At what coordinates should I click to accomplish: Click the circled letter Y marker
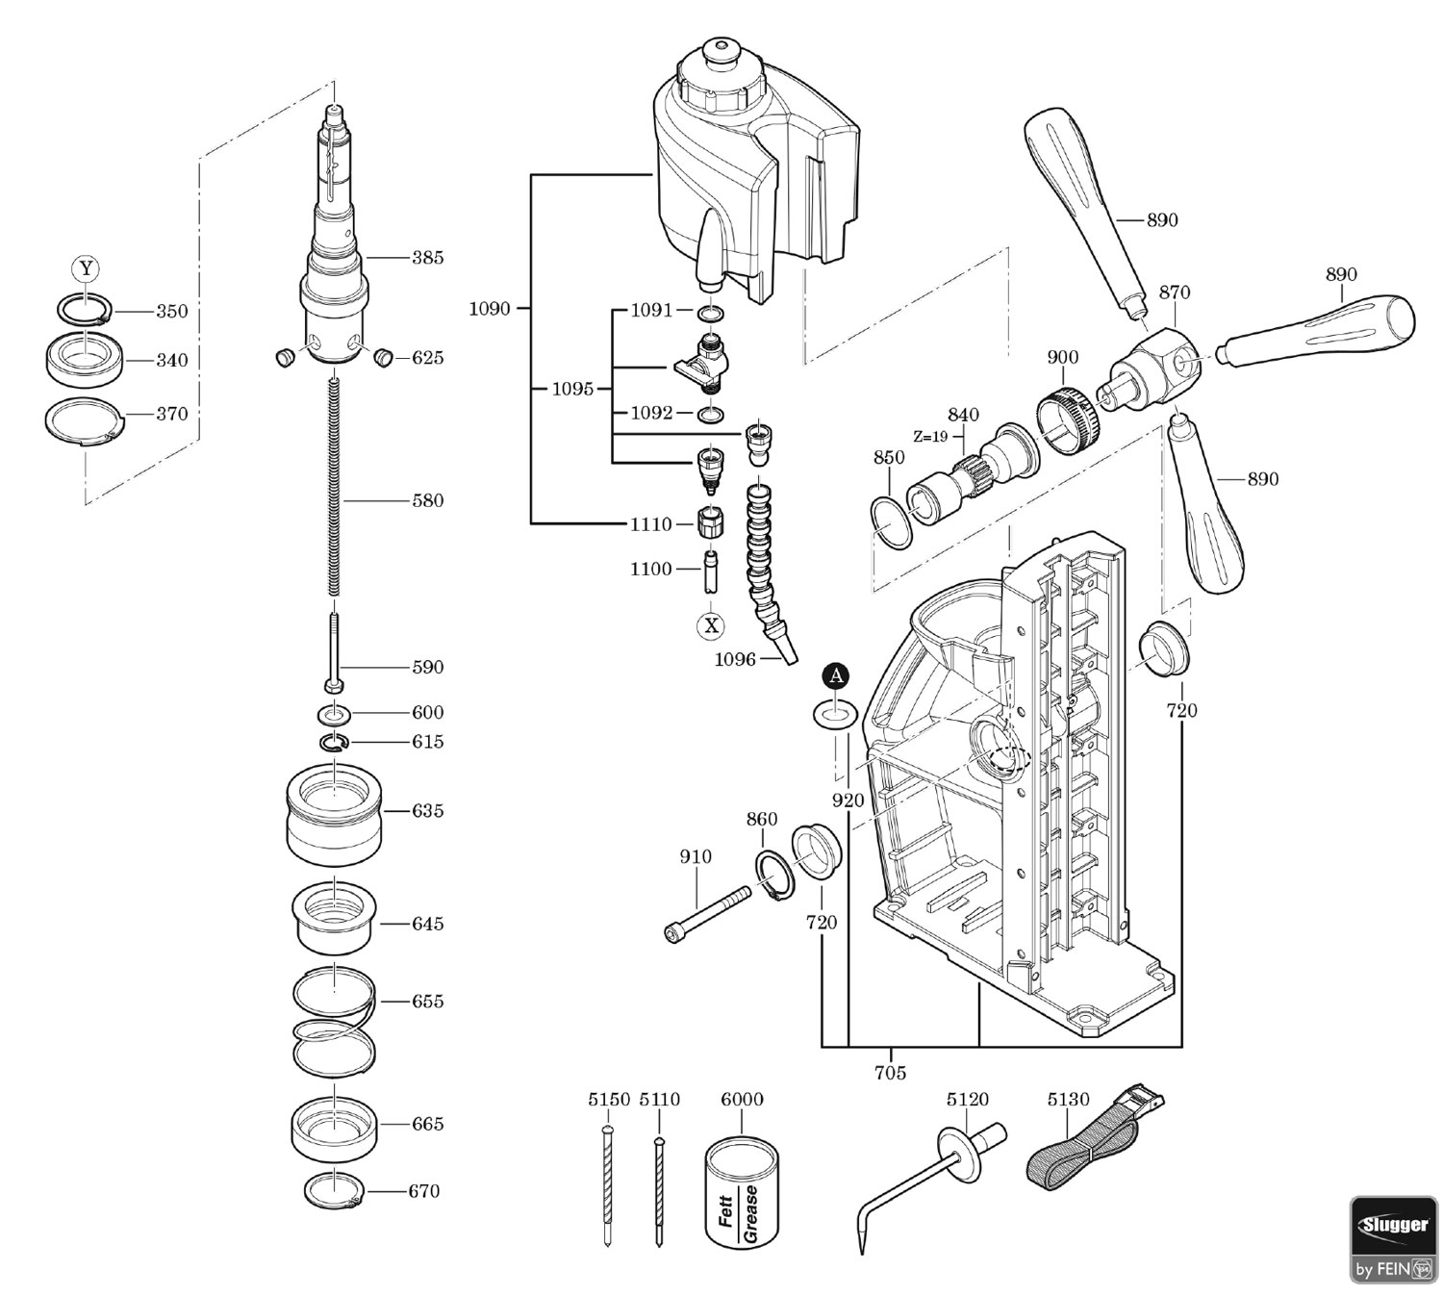[x=87, y=268]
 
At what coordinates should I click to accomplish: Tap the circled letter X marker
[x=711, y=625]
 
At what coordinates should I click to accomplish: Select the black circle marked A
[x=836, y=675]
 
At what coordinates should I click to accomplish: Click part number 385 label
[x=427, y=257]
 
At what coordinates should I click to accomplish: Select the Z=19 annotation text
[x=930, y=436]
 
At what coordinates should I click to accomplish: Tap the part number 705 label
[x=890, y=1072]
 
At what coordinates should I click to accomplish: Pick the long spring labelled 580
[x=334, y=487]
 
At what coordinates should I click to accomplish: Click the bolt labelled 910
[x=706, y=914]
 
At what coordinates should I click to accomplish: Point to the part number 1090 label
[x=490, y=309]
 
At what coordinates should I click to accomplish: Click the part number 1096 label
[x=734, y=659]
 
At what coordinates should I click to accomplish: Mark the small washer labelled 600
[x=333, y=713]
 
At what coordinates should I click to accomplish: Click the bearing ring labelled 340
[x=86, y=360]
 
